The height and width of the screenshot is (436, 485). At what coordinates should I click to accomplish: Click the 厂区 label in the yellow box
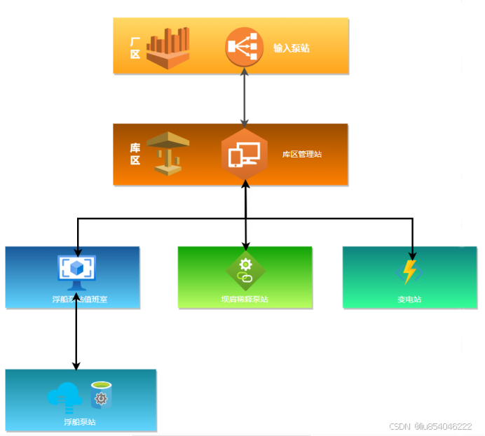pyautogui.click(x=135, y=48)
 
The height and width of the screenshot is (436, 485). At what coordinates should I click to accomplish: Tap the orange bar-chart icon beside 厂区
pyautogui.click(x=168, y=48)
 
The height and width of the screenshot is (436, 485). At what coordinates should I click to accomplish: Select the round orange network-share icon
pyautogui.click(x=243, y=47)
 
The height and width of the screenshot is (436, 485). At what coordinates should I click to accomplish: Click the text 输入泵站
pyautogui.click(x=292, y=48)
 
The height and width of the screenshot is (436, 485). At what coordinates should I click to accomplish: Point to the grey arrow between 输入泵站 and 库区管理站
pyautogui.click(x=244, y=97)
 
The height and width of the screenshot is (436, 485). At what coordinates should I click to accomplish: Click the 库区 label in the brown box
pyautogui.click(x=135, y=154)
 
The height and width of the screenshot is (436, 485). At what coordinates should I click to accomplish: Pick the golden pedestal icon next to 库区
pyautogui.click(x=168, y=153)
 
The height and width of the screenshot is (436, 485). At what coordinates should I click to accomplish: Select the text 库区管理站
pyautogui.click(x=302, y=154)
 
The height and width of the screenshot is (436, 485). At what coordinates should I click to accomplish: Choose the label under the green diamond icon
pyautogui.click(x=245, y=300)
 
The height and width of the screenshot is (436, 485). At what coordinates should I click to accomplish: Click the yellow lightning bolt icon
pyautogui.click(x=409, y=272)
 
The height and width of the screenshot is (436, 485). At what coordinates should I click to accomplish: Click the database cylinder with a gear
pyautogui.click(x=101, y=395)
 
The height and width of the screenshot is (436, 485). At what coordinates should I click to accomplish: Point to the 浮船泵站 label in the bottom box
pyautogui.click(x=79, y=422)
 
